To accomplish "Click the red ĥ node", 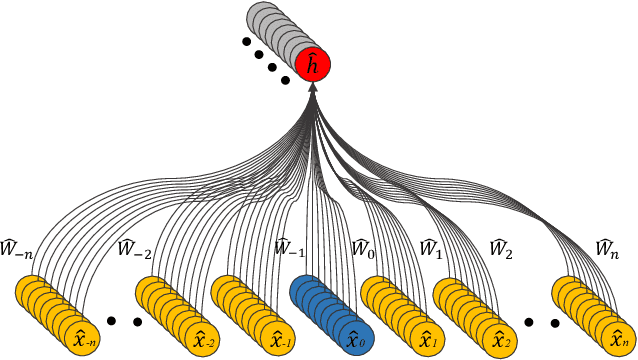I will click(312, 66).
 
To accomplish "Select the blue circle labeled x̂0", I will click(354, 339).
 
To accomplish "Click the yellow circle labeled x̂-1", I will click(280, 339).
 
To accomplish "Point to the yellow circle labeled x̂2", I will click(498, 339).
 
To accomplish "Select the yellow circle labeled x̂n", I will click(615, 339).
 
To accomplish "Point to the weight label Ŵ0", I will click(362, 247).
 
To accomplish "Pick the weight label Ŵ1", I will click(430, 247).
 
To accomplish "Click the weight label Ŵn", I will click(606, 247).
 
